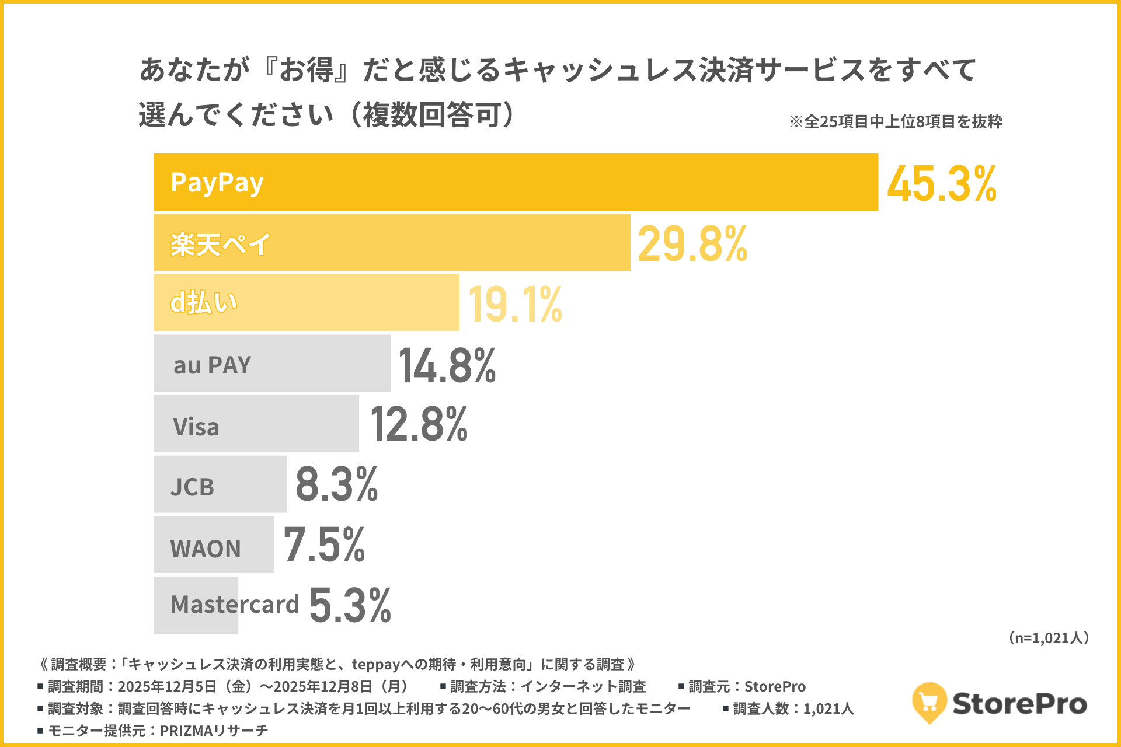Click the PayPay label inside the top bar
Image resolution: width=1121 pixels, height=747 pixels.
coord(217,183)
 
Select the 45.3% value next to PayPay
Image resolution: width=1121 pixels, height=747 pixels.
coord(941,184)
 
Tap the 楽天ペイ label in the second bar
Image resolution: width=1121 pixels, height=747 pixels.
coord(220,244)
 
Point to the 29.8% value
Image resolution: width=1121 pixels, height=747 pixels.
coord(692,244)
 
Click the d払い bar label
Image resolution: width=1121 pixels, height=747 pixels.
coord(203,303)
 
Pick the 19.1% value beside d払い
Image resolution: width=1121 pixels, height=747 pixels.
coord(515,305)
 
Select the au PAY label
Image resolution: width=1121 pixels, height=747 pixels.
coord(212,365)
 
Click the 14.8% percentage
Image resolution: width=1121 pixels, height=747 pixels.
coord(447,366)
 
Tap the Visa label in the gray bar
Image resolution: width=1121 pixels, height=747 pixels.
coord(196,427)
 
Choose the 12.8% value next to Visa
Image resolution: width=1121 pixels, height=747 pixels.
coord(419,424)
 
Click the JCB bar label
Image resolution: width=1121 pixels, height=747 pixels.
coord(192,487)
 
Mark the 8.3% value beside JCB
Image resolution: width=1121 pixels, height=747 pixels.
coord(336,484)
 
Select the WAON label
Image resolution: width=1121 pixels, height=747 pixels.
coord(205,549)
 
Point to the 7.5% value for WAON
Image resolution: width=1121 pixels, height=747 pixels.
coord(324,545)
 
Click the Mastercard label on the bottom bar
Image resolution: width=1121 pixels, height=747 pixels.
coord(234,604)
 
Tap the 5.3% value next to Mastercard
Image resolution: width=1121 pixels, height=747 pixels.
coord(350,605)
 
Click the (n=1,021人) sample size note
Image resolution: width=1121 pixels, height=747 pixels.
coord(1049,638)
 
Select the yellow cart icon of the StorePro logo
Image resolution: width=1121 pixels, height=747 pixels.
coord(929,701)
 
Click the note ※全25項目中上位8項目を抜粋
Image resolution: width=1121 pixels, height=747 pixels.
coord(896,121)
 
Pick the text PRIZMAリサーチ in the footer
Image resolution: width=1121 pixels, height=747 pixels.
coord(214,731)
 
